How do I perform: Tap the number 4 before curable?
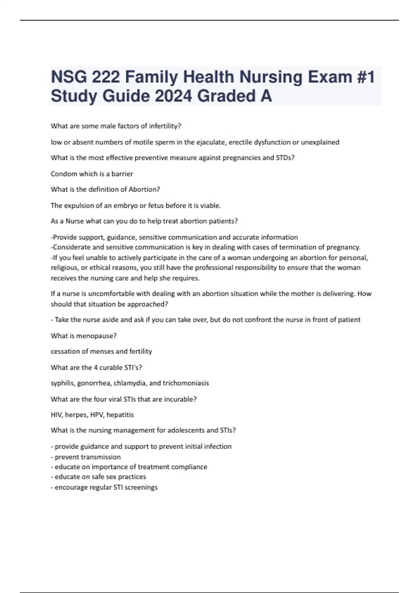pos(96,367)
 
